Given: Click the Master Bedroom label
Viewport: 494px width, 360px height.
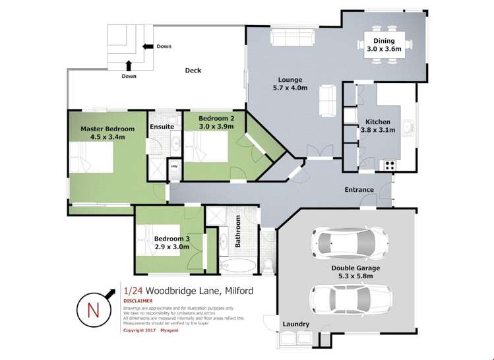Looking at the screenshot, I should (108, 129).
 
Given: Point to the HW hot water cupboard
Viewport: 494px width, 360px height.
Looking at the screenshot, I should (174, 167).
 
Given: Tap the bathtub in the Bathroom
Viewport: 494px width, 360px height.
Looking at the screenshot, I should (236, 266).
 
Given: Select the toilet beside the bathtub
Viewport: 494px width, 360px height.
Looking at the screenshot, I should (266, 264).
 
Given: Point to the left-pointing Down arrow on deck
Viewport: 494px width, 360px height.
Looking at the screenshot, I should (147, 47).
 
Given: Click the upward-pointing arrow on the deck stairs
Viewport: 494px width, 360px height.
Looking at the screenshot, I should (129, 65).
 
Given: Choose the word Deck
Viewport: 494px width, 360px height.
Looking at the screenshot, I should (193, 71).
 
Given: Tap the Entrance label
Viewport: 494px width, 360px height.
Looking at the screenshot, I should (359, 190).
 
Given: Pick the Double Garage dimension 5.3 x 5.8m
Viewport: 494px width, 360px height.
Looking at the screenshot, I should (355, 276).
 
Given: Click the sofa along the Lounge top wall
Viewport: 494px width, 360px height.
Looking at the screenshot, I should (288, 39).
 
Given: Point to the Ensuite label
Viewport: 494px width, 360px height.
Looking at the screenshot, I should (162, 127).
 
